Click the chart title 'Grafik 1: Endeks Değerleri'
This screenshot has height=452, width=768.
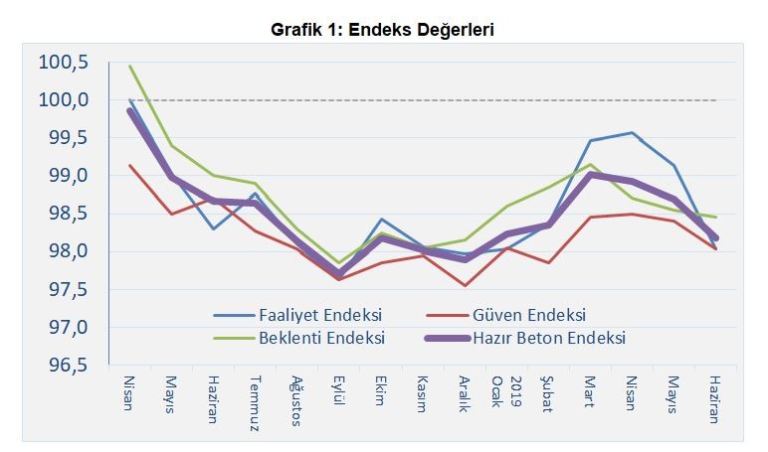[x=383, y=30]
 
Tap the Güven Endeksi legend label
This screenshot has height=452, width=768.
[x=526, y=315]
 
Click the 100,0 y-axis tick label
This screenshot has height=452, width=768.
[x=64, y=100]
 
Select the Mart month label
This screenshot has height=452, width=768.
[x=589, y=391]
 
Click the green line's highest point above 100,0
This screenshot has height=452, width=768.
[x=130, y=67]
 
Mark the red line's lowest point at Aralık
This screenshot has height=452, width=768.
[x=465, y=286]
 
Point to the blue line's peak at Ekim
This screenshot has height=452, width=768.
[x=381, y=220]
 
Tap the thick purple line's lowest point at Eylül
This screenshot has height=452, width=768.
[x=339, y=273]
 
